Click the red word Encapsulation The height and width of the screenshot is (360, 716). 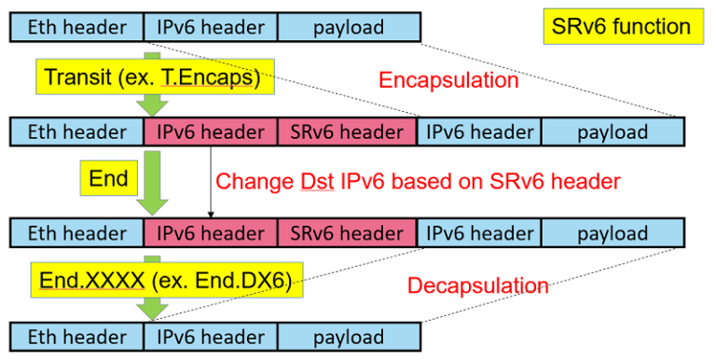point(447,80)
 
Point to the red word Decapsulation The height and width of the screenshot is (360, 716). point(477,285)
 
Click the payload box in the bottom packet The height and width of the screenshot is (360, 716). point(348,335)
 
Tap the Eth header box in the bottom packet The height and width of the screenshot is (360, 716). point(77,335)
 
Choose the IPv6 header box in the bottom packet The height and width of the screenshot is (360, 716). point(211,335)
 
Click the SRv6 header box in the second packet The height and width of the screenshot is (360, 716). point(346,132)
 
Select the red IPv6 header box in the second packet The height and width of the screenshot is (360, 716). point(211,132)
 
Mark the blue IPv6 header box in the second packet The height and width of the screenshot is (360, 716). point(479,132)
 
